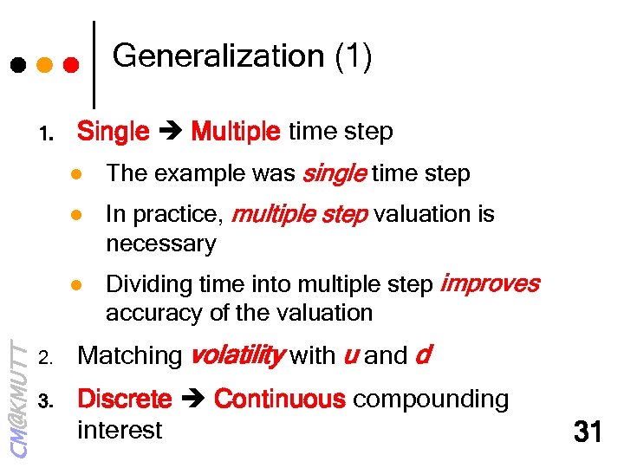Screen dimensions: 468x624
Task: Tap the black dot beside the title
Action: point(17,65)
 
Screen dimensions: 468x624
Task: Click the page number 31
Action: point(588,431)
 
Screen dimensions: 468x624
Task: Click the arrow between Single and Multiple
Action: point(170,133)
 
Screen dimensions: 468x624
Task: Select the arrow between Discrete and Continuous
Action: point(192,400)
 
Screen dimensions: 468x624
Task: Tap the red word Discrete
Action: point(125,400)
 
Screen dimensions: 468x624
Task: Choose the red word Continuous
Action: point(279,400)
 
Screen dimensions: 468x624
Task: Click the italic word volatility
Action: point(236,355)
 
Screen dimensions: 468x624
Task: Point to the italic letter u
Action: point(352,356)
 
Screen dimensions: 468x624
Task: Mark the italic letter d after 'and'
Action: point(424,355)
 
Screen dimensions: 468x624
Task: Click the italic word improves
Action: point(490,283)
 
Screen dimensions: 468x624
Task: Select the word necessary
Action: point(160,244)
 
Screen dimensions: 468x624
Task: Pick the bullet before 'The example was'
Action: point(76,174)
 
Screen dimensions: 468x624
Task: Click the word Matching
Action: point(129,356)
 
